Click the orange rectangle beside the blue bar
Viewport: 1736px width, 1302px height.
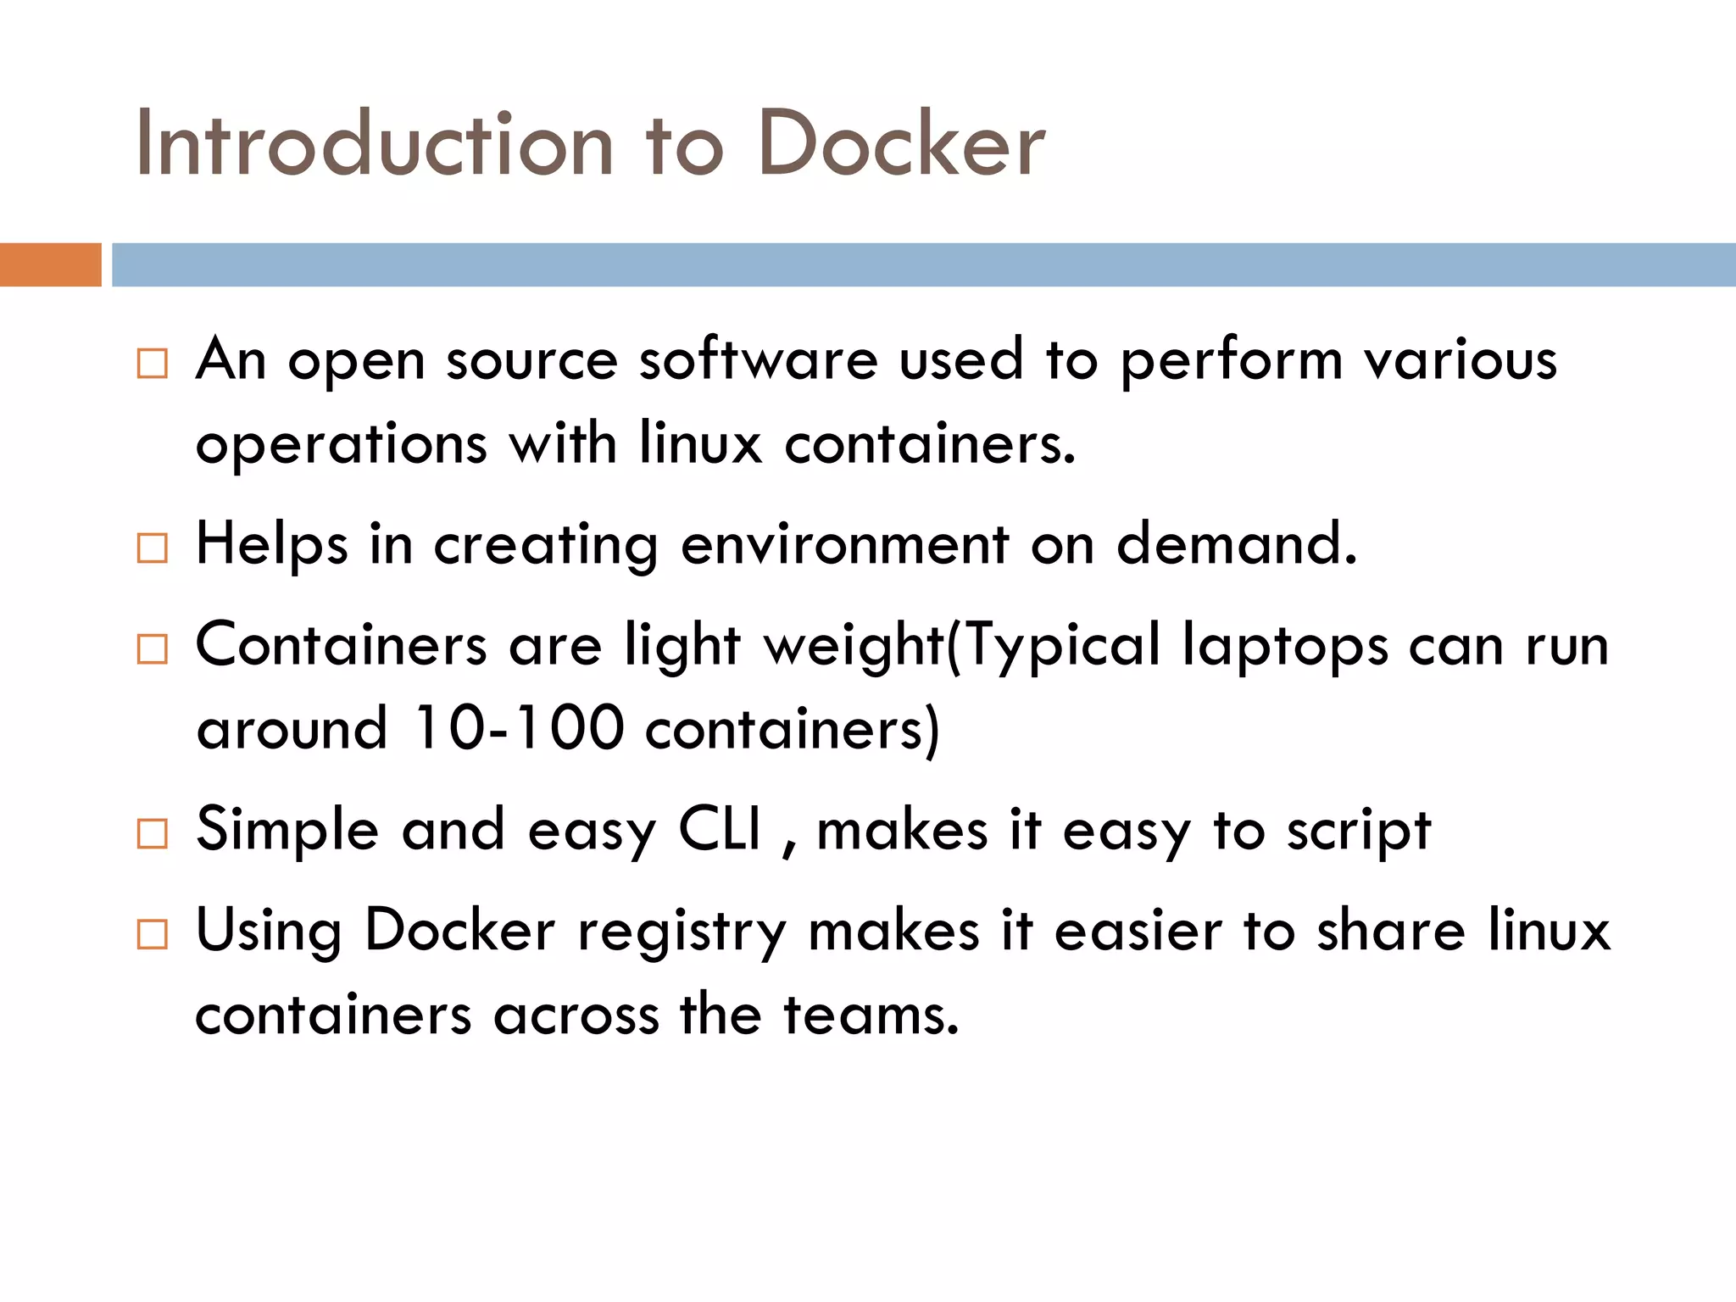[50, 264]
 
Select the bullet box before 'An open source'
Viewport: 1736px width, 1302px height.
[153, 364]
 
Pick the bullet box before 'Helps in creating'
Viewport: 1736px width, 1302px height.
[153, 548]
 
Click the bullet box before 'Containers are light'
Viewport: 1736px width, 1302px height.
[153, 649]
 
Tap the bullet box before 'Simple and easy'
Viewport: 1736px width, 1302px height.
[153, 834]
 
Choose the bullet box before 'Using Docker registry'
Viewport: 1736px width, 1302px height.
[153, 935]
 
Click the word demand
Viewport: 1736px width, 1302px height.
[1236, 544]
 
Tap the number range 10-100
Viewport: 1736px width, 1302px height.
[520, 728]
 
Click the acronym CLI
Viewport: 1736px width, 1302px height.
[721, 829]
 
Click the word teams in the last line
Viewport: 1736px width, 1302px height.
[871, 1015]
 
